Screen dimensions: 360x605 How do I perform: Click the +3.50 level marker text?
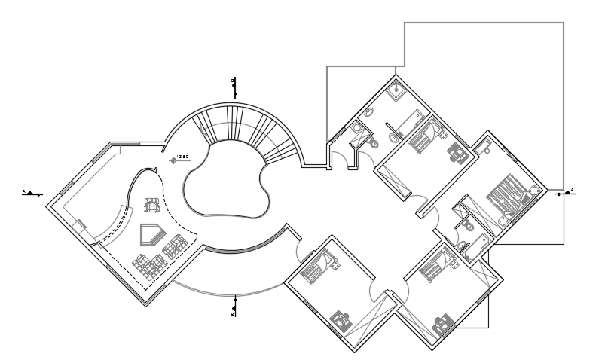coord(182,157)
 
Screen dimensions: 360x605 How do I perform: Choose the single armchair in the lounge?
coord(152,205)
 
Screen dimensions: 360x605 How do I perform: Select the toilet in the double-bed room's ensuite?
coord(469,224)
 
